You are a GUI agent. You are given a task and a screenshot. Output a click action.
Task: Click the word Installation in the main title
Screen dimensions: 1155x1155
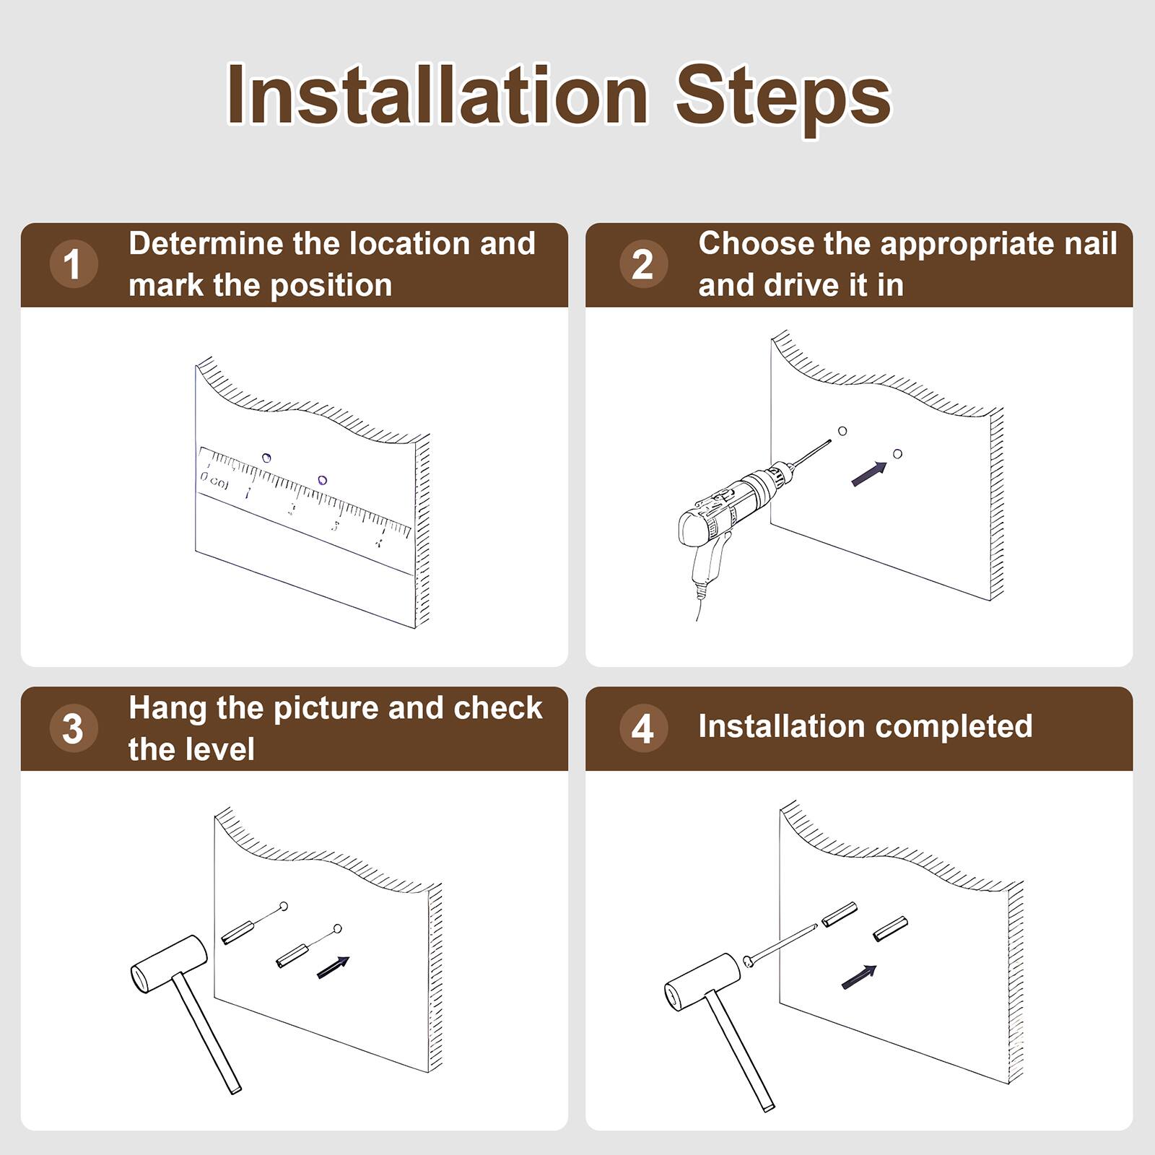437,95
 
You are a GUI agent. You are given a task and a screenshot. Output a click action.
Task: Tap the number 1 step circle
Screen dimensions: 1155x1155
73,264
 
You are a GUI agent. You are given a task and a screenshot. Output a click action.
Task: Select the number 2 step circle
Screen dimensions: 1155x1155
642,264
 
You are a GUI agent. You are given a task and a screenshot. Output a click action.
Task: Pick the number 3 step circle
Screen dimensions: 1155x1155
73,728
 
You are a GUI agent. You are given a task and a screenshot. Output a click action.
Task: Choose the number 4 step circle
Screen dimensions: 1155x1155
642,728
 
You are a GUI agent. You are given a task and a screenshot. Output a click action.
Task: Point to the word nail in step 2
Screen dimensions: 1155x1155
1091,244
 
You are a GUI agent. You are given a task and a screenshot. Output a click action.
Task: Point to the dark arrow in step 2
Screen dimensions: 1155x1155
869,474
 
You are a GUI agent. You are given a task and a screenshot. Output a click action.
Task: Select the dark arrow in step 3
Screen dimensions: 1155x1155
334,967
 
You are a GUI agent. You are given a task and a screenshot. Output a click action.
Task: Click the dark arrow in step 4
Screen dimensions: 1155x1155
859,977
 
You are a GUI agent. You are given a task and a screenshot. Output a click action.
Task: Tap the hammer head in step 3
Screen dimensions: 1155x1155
169,964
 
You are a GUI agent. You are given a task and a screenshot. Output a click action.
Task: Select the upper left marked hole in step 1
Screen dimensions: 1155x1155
266,458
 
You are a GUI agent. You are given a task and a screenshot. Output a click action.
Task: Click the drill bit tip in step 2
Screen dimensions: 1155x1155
829,442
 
